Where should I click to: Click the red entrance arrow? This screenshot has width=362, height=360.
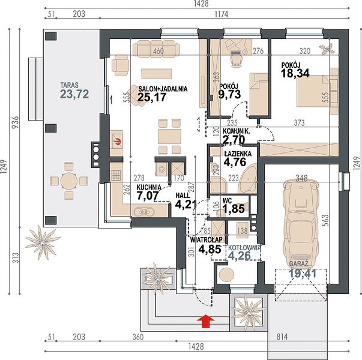[206, 321]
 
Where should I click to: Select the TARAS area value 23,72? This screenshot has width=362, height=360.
[74, 94]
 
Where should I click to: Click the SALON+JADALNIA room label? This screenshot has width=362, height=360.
[163, 89]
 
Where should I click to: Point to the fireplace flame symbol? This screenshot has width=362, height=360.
[118, 141]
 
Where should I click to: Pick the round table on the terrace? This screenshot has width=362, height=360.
[69, 181]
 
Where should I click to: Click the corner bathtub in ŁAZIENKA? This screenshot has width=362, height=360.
[248, 179]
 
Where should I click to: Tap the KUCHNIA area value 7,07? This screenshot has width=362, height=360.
[148, 196]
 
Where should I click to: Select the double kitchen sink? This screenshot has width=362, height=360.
[145, 211]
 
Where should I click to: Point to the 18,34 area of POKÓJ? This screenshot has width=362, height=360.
[295, 73]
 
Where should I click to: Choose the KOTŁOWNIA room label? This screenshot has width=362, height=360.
[244, 248]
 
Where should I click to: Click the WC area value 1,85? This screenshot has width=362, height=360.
[234, 209]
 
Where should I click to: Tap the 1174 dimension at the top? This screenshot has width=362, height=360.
[222, 14]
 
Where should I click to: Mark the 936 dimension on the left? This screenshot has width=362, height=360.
[17, 123]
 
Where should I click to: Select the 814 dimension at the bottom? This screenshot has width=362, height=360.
[282, 337]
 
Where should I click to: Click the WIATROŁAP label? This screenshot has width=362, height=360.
[206, 240]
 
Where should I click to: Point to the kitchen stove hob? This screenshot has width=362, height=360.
[116, 175]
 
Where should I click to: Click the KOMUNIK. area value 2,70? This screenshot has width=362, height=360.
[234, 140]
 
